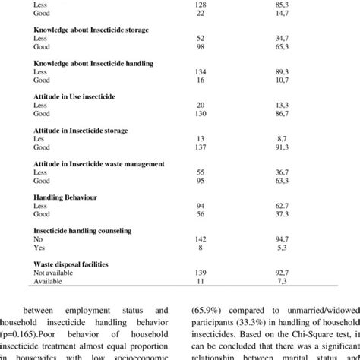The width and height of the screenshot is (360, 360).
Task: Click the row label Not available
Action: (x=55, y=271)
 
